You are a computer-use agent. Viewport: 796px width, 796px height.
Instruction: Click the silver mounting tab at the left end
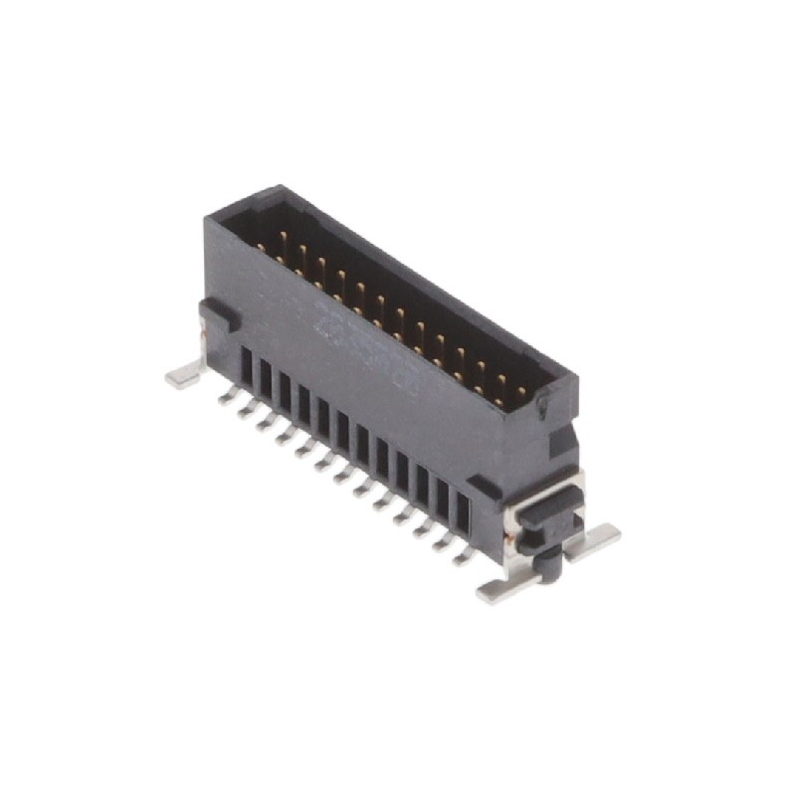pos(182,376)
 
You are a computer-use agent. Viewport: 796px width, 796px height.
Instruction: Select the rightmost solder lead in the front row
pos(464,556)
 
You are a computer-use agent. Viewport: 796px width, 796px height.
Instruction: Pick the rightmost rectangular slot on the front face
pos(462,511)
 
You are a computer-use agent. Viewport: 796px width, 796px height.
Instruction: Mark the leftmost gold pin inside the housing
pos(261,245)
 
